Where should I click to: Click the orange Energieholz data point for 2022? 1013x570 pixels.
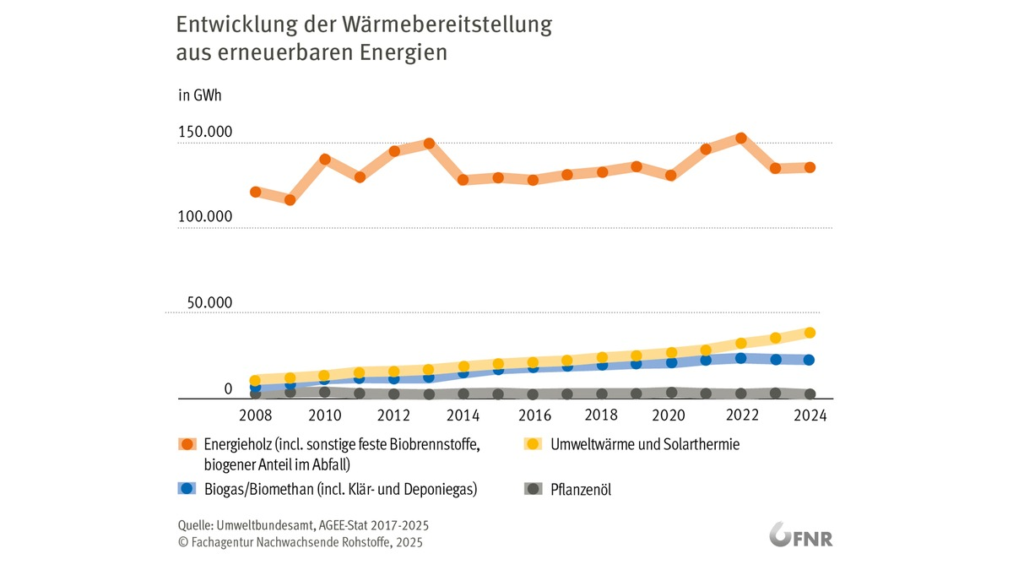coord(740,138)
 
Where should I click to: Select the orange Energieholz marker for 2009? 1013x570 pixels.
coord(290,200)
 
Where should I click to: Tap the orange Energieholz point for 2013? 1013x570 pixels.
coord(429,143)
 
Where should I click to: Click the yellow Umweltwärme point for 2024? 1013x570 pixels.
coord(810,333)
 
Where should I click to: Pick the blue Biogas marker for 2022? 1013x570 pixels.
coord(740,358)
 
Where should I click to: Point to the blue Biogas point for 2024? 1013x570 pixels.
coord(810,360)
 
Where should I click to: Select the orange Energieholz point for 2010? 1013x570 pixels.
coord(324,159)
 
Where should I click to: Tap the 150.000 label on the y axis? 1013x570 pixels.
coord(204,133)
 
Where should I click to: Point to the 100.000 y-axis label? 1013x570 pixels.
coord(204,217)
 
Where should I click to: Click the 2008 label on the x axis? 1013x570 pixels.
coord(255,415)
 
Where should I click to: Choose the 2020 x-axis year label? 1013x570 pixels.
coord(671,415)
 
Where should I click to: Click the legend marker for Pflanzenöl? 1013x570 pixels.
coord(533,489)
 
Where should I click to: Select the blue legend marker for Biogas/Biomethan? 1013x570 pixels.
coord(187,489)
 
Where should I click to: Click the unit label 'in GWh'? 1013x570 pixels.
coord(199,95)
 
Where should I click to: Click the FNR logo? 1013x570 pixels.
coord(801,536)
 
